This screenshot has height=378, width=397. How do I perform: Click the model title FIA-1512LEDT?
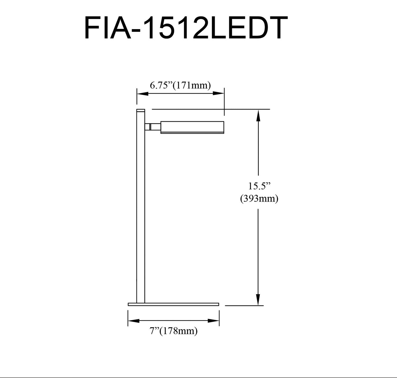186,28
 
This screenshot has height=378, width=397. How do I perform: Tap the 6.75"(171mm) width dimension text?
180,85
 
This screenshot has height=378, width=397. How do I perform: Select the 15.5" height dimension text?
259,186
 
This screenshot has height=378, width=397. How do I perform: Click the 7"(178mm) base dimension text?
174,331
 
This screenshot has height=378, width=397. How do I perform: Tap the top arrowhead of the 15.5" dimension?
258,115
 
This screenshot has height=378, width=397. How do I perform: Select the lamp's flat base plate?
173,304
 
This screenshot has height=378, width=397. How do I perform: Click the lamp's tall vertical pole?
141,212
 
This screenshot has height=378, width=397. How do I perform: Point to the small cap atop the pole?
141,110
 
